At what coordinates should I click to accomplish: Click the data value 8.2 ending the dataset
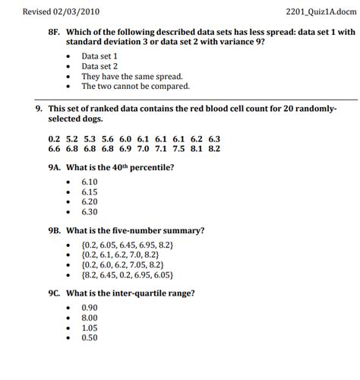point(213,149)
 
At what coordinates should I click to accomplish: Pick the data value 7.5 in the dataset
point(178,149)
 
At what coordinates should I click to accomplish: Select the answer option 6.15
point(90,192)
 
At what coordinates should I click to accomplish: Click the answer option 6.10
point(90,182)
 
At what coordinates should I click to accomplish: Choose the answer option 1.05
point(90,328)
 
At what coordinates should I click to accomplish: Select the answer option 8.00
point(90,318)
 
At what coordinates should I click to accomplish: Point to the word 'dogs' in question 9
point(99,120)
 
